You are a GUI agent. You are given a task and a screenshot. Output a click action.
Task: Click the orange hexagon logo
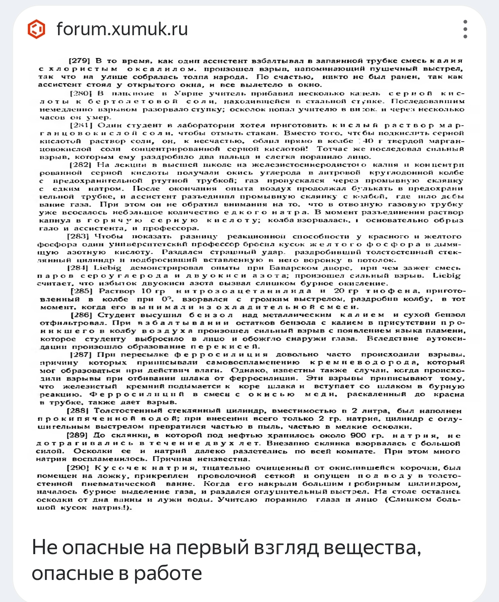[x=36, y=29]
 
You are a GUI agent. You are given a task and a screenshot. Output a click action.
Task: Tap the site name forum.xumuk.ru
[x=122, y=29]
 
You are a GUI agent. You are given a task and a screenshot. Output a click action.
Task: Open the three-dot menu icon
[x=465, y=29]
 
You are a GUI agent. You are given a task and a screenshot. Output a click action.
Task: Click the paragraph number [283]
[x=78, y=236]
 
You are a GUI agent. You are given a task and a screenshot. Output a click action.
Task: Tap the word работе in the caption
[x=168, y=573]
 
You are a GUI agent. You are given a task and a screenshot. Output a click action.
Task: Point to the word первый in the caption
[x=213, y=547]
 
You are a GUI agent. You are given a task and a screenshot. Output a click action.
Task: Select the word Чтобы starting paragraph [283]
[x=108, y=236]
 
